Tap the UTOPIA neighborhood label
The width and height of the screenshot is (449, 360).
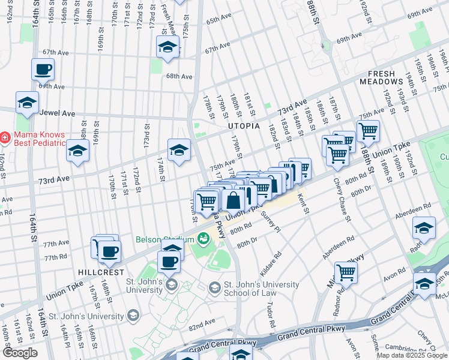click(244, 126)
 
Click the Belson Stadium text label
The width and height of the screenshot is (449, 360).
click(162, 239)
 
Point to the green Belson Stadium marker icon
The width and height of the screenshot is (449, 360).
click(203, 239)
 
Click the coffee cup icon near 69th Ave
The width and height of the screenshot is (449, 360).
click(43, 70)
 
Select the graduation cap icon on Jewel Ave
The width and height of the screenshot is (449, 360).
click(27, 103)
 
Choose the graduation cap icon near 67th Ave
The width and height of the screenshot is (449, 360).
click(167, 47)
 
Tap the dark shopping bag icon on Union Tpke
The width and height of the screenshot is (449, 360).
click(234, 200)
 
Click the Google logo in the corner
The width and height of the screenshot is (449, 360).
click(20, 353)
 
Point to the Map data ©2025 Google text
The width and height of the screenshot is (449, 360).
click(411, 356)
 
